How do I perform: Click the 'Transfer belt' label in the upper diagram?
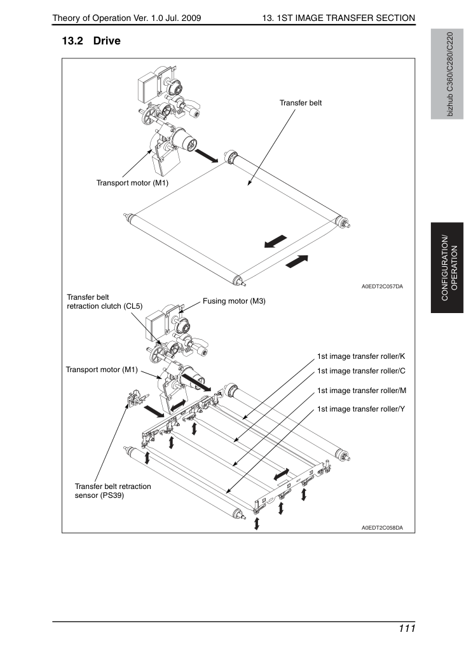(300, 103)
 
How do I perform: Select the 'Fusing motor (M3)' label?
(234, 301)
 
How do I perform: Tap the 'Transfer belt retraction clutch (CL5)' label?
(105, 302)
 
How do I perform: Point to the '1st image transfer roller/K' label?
(361, 356)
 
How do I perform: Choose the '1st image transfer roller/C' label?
(361, 371)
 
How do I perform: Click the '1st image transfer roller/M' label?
(362, 391)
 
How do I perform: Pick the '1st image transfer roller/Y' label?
(361, 409)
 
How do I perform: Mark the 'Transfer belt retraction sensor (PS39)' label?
(113, 491)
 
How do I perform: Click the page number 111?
(407, 629)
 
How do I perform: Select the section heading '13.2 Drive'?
(92, 41)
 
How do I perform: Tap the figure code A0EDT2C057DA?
(382, 286)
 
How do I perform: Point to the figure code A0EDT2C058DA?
(382, 528)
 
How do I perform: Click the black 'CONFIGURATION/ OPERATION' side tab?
(447, 268)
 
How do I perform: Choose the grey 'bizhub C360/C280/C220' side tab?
(447, 74)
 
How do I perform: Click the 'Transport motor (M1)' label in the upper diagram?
(132, 184)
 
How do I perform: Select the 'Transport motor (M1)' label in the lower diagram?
(102, 370)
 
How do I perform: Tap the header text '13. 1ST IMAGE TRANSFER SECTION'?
(339, 18)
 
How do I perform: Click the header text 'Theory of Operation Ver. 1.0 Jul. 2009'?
(126, 18)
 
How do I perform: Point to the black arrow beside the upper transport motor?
(206, 156)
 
